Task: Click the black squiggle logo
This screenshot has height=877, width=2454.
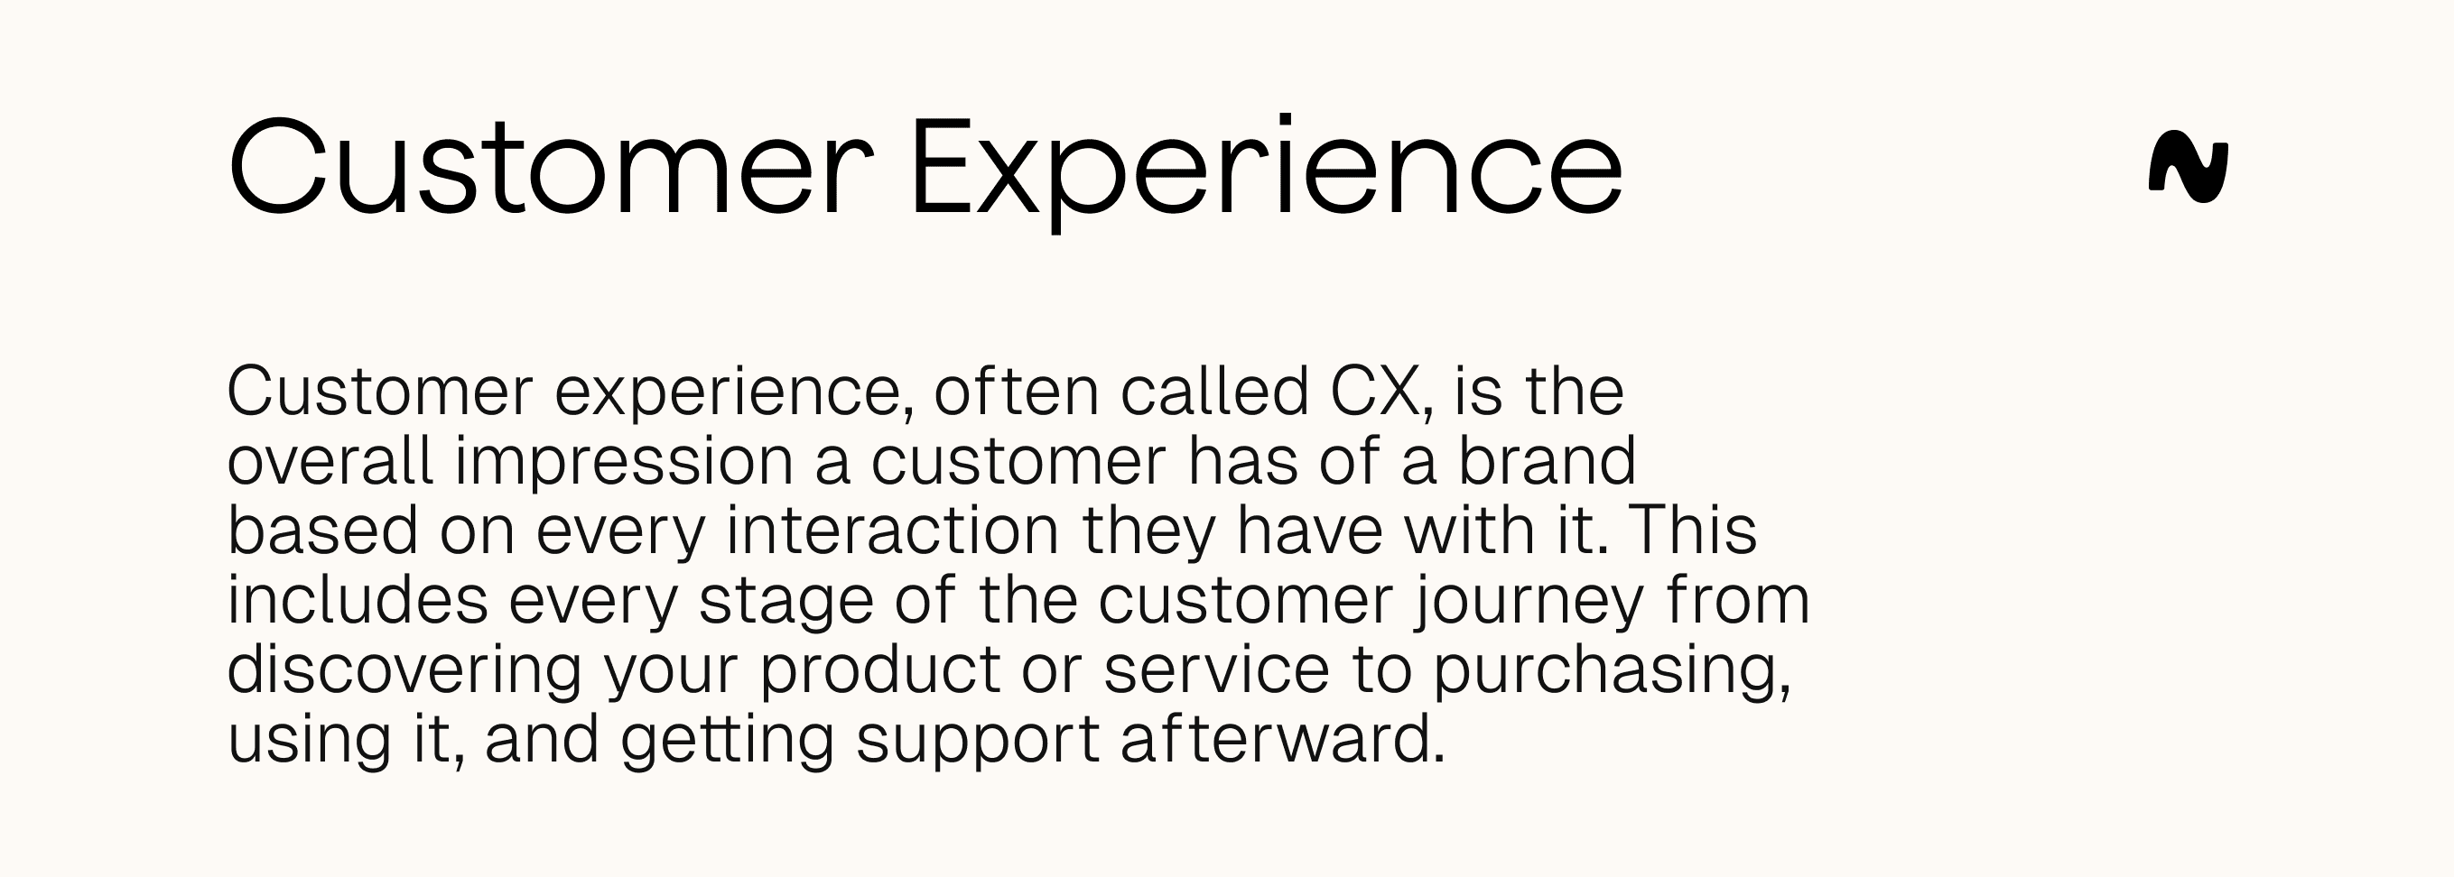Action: click(x=2188, y=168)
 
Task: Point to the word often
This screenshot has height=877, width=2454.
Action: click(x=1017, y=392)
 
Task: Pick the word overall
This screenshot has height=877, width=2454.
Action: click(x=330, y=461)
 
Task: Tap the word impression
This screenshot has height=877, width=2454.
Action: click(x=624, y=463)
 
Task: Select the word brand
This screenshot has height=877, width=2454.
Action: click(x=1546, y=461)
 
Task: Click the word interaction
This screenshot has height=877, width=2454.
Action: click(x=893, y=531)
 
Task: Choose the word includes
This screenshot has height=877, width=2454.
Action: click(x=358, y=600)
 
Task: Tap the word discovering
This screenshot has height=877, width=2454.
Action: click(x=404, y=670)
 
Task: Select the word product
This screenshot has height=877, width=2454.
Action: click(x=879, y=670)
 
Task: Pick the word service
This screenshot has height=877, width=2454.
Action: click(x=1215, y=669)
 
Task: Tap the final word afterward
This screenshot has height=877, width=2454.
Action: click(x=1282, y=739)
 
